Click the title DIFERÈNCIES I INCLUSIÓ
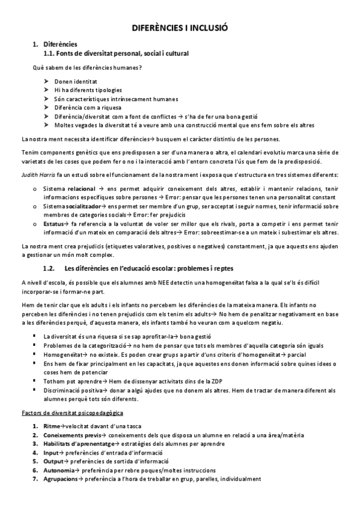[x=180, y=28]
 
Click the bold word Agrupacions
[x=61, y=479]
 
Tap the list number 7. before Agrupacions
[x=35, y=479]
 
